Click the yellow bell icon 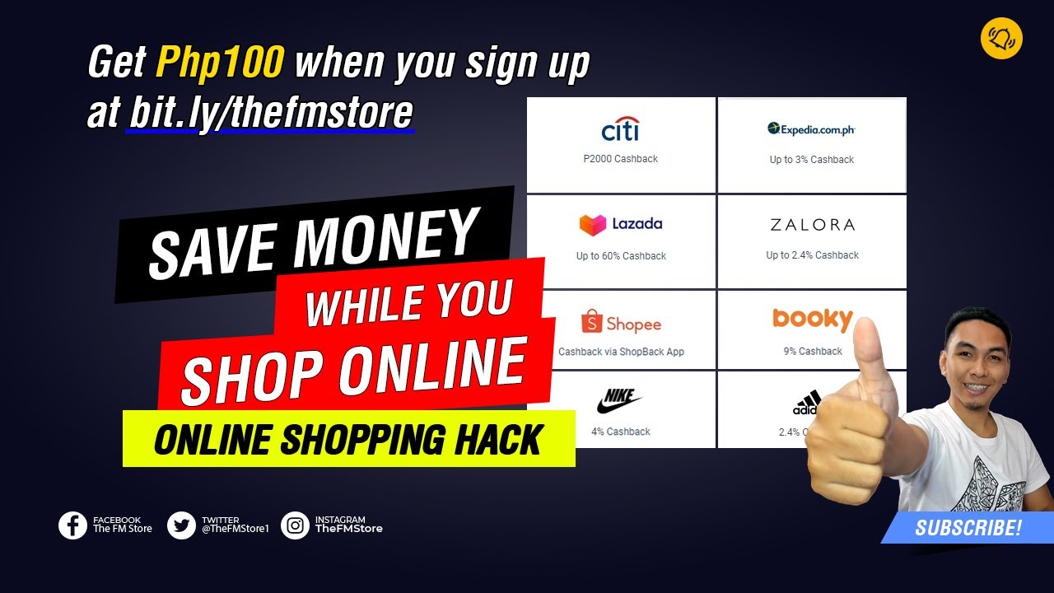(x=1001, y=39)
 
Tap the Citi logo (x=620, y=129)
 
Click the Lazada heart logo (x=592, y=224)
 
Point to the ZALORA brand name (x=812, y=225)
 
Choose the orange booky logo (x=812, y=319)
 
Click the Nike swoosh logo (x=619, y=402)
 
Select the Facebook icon (x=72, y=525)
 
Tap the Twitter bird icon (x=181, y=525)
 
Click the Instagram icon (x=295, y=525)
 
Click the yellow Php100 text (x=220, y=62)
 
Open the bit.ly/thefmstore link (x=271, y=114)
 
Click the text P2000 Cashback (x=620, y=159)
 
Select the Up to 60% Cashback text (x=621, y=256)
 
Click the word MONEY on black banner (x=385, y=240)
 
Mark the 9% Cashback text (x=812, y=352)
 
